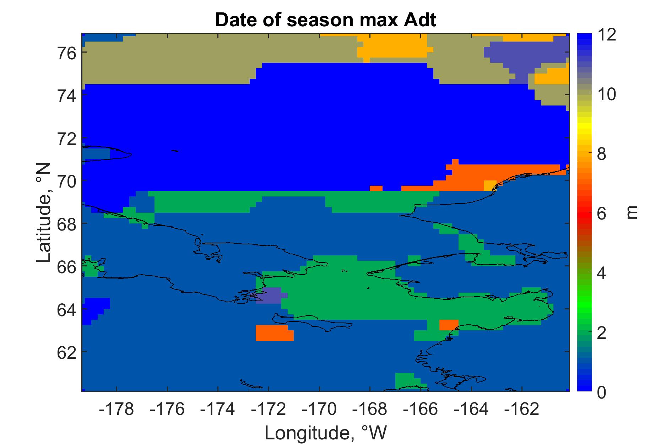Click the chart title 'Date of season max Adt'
325,21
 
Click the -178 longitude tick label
117,409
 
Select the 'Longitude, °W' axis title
325,433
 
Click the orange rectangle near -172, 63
275,333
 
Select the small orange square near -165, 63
449,325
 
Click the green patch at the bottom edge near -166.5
408,382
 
